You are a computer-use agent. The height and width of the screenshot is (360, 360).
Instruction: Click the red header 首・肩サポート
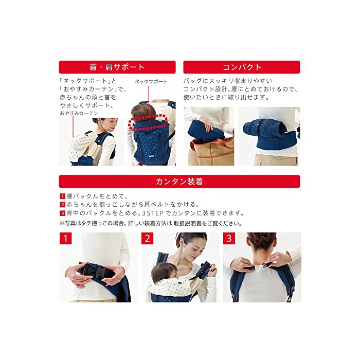pyautogui.click(x=117, y=67)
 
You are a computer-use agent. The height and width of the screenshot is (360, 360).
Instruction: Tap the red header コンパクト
pyautogui.click(x=242, y=67)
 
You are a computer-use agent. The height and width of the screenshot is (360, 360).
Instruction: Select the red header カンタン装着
pyautogui.click(x=179, y=182)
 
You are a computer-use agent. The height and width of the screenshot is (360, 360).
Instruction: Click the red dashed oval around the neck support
pyautogui.click(x=147, y=122)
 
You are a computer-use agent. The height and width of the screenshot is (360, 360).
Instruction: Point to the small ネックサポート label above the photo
pyautogui.click(x=151, y=81)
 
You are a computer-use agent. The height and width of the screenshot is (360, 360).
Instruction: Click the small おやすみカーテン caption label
pyautogui.click(x=79, y=113)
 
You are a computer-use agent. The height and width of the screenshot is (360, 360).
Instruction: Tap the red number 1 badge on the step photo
pyautogui.click(x=65, y=238)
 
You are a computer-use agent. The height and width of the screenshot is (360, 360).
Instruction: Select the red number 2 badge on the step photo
pyautogui.click(x=147, y=238)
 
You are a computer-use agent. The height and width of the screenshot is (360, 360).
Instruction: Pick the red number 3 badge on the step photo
pyautogui.click(x=229, y=238)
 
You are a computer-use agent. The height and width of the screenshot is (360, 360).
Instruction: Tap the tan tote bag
pyautogui.click(x=211, y=150)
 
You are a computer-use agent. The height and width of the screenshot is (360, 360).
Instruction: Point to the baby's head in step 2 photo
pyautogui.click(x=164, y=272)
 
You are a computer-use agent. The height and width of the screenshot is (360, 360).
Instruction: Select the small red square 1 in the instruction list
pyautogui.click(x=62, y=196)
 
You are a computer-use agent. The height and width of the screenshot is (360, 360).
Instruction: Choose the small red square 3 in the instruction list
pyautogui.click(x=62, y=213)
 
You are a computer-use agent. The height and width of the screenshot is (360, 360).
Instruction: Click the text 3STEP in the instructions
pyautogui.click(x=153, y=213)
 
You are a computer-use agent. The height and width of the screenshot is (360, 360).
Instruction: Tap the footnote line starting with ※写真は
pyautogui.click(x=150, y=223)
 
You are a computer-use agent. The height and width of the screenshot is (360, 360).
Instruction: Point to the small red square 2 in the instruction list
pyautogui.click(x=62, y=205)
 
